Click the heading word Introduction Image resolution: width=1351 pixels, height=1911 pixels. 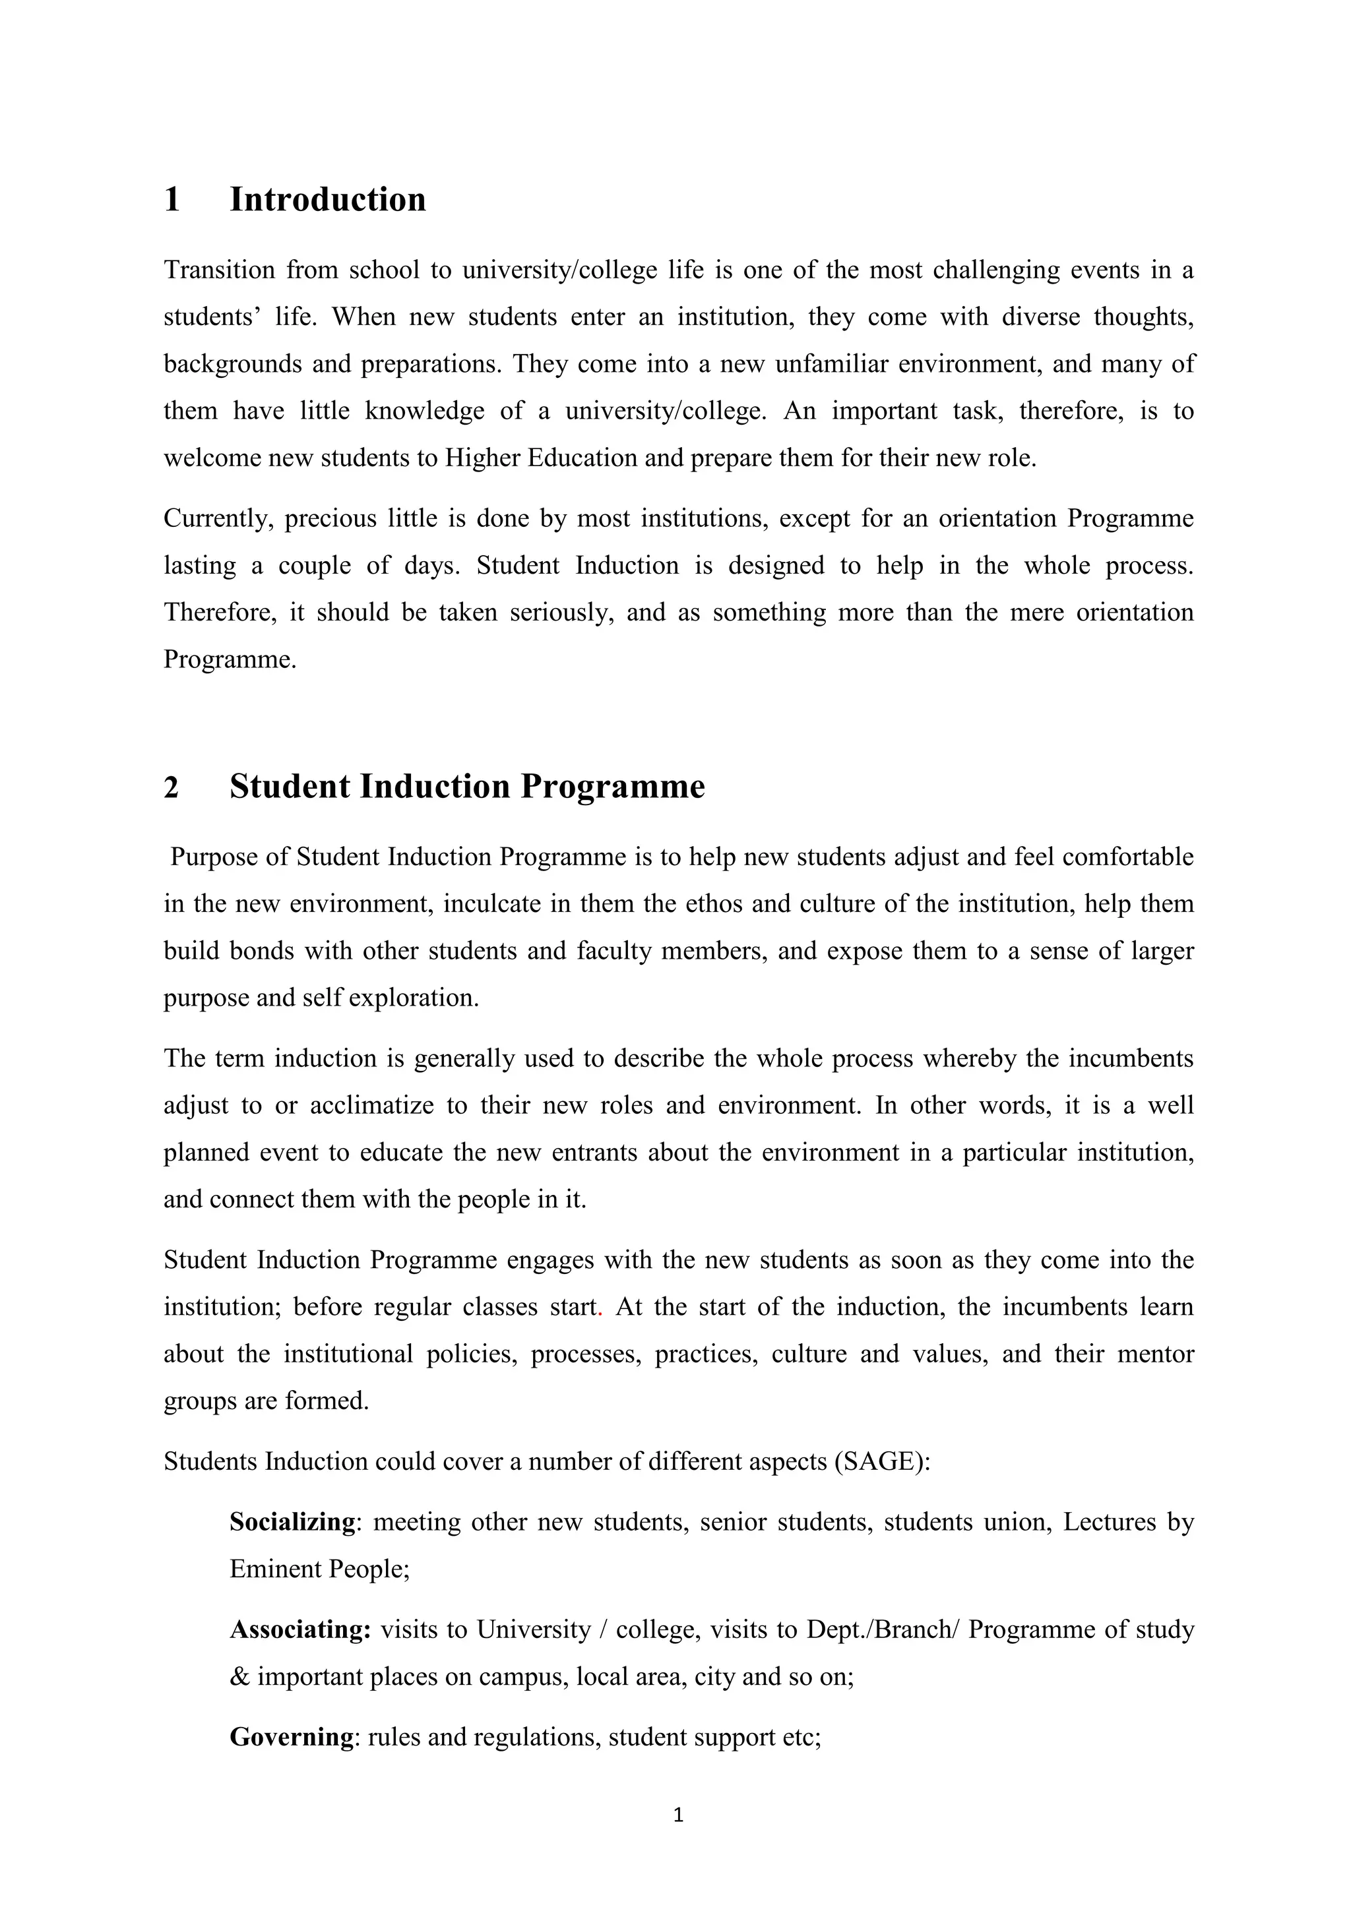coord(327,200)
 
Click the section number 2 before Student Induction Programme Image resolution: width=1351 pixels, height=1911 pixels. coord(172,787)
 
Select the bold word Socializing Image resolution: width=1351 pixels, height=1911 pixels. coord(292,1523)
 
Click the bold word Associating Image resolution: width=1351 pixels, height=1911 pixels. coord(299,1629)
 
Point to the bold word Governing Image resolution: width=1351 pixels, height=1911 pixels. coord(292,1737)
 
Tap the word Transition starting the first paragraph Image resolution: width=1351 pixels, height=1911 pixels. coord(219,270)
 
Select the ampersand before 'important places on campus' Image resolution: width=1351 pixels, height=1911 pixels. coord(239,1676)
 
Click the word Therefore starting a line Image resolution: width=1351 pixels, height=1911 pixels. coord(219,613)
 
